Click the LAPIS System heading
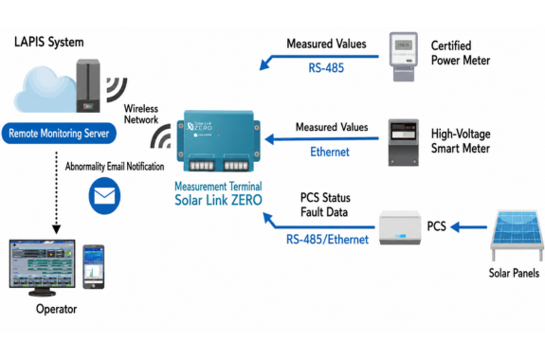point(49,42)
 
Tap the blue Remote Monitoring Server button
point(59,133)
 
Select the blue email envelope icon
point(104,196)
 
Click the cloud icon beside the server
point(45,90)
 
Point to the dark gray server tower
point(88,85)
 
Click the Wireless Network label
point(141,114)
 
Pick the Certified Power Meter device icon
point(403,57)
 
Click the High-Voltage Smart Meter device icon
point(403,142)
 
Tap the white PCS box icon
point(400,227)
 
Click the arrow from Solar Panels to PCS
point(468,227)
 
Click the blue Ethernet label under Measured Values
point(330,152)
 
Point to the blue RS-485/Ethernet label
point(327,240)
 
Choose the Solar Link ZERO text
point(218,200)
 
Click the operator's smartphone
point(94,267)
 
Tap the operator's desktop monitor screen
point(42,263)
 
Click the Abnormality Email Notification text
point(115,167)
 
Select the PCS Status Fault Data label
point(325,205)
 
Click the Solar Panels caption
point(514,273)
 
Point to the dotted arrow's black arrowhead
point(56,229)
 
